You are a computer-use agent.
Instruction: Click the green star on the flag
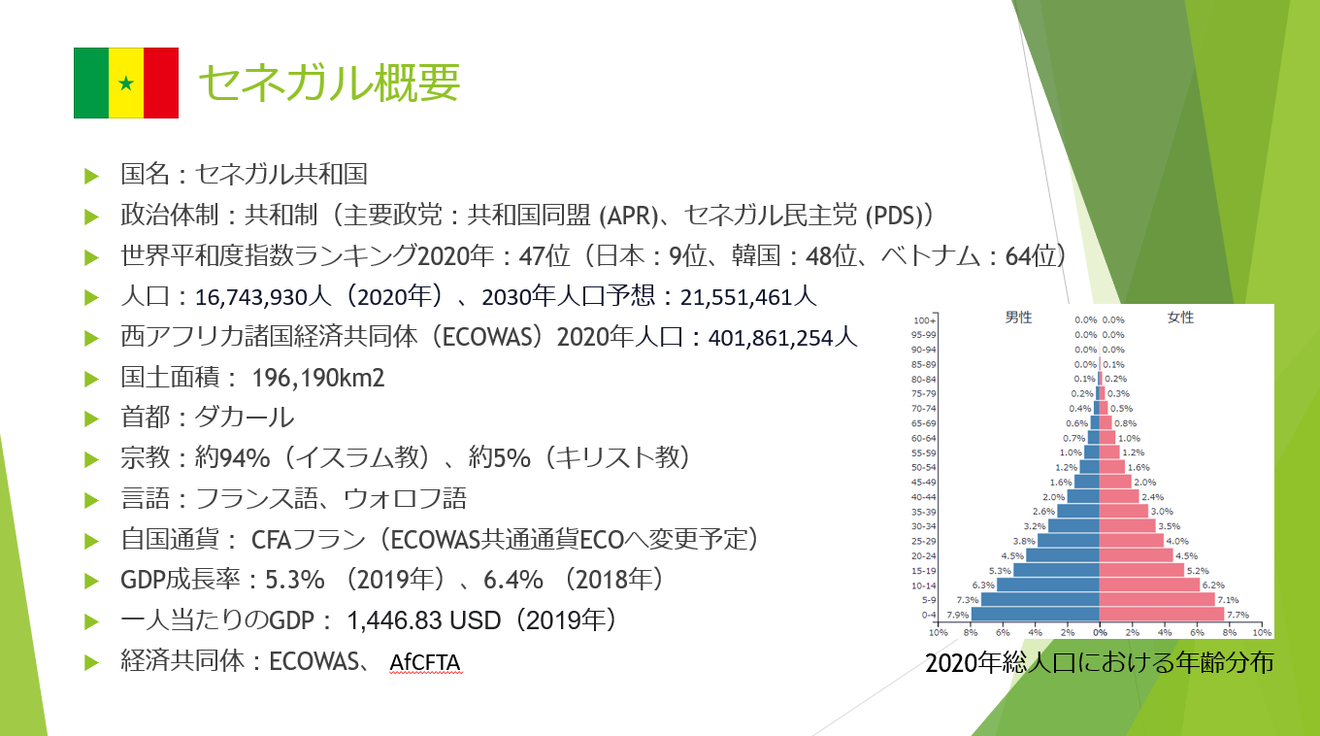126,84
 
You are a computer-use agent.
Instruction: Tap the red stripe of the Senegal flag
161,84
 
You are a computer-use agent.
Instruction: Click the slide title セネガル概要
329,83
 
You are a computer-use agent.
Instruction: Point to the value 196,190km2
318,378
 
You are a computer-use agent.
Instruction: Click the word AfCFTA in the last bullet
425,662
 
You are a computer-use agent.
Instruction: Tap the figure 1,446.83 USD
424,620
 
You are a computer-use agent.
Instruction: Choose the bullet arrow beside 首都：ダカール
91,418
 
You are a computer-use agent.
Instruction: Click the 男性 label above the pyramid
1018,318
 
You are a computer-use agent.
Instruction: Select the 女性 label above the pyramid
1180,318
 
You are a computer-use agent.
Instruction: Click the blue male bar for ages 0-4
1036,614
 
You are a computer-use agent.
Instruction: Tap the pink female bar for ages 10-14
1150,585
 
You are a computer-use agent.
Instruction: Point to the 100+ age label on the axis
924,320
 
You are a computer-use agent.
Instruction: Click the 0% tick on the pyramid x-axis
1101,632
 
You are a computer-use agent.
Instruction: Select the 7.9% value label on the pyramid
958,615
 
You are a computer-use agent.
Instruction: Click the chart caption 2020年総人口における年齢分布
1100,662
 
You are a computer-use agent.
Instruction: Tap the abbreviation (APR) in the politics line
628,216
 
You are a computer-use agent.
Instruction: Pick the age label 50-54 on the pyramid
923,467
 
